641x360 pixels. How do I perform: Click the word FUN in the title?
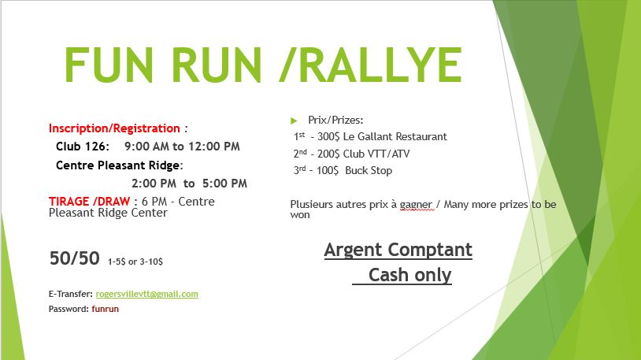[x=109, y=65]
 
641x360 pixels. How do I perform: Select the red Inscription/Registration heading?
[x=114, y=128]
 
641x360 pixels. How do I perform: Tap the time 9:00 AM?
[x=146, y=147]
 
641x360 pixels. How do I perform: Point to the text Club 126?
[x=82, y=147]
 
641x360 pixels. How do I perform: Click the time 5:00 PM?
[x=224, y=184]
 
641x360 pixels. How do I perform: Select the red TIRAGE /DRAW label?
[x=89, y=202]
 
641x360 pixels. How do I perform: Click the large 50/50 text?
[x=74, y=258]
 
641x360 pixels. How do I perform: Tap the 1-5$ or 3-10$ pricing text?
[x=135, y=262]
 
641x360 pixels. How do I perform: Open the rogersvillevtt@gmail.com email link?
[x=146, y=294]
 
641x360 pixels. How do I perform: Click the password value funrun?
[x=105, y=309]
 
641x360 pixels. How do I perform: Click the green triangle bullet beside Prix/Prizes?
[x=294, y=121]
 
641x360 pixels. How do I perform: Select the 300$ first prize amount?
[x=328, y=136]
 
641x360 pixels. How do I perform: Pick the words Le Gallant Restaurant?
[x=395, y=136]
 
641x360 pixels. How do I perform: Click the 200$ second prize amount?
[x=328, y=154]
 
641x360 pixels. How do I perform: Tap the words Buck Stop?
[x=369, y=171]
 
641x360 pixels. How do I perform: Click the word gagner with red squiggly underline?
[x=416, y=205]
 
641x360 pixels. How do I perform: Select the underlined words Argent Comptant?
[x=398, y=250]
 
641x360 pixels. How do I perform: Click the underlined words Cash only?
[x=409, y=274]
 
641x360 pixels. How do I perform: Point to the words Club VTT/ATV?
[x=376, y=154]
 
